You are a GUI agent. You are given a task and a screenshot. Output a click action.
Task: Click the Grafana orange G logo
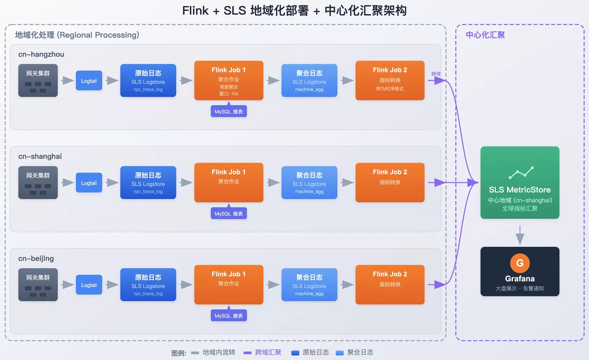[x=520, y=263]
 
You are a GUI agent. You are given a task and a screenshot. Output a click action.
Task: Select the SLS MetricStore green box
[x=520, y=182]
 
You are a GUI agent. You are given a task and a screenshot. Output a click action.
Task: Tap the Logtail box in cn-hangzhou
[x=89, y=80]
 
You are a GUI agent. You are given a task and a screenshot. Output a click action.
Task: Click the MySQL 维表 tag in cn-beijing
[x=228, y=316]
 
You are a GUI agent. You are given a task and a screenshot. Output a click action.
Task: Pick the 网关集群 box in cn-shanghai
[x=38, y=182]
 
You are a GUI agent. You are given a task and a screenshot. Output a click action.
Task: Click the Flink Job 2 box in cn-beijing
[x=390, y=284]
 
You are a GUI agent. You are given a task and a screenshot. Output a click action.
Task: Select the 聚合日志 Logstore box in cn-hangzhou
[x=309, y=80]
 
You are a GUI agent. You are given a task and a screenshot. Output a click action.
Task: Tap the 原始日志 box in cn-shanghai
[x=148, y=182]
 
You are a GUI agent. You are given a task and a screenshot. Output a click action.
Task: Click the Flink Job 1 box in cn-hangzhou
[x=228, y=80]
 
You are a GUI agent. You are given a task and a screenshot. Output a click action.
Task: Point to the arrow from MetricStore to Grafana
[x=520, y=235]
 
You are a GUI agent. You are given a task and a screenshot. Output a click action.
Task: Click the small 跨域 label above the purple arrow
[x=436, y=74]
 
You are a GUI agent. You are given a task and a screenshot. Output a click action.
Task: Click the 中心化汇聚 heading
[x=485, y=35]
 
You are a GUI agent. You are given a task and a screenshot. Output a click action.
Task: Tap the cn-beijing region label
[x=36, y=259]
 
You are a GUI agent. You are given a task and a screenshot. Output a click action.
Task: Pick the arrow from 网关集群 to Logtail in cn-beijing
[x=67, y=285]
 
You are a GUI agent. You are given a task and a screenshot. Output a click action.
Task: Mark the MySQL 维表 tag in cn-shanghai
[x=228, y=213]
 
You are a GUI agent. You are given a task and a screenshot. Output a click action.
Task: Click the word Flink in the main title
[x=195, y=11]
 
